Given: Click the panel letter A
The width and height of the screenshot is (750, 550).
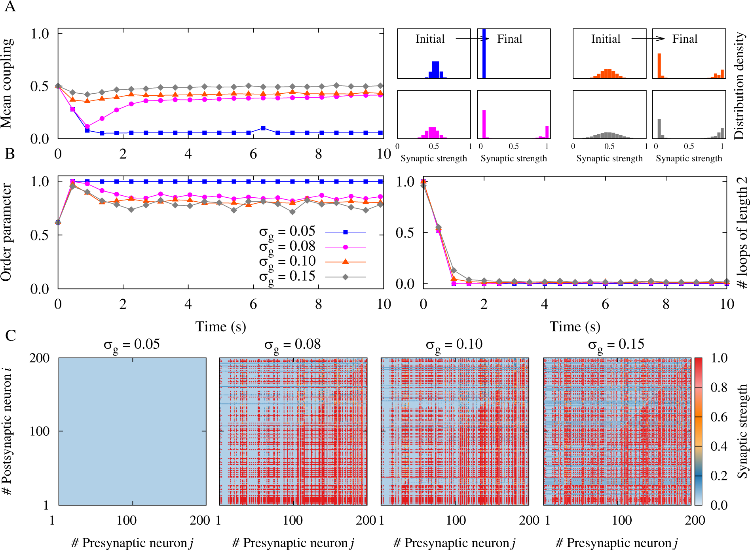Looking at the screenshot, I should coord(10,7).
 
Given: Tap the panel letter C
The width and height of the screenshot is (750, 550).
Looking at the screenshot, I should coord(11,336).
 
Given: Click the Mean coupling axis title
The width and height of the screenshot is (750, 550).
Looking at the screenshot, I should coord(7,83).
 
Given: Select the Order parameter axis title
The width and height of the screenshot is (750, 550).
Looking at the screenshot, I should coord(7,232).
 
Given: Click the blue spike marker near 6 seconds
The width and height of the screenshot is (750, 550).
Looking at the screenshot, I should coord(263,128).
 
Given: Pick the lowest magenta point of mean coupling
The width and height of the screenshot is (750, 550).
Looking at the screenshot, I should coord(87,127).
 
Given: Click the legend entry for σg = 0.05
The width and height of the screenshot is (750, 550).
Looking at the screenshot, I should coord(287,231).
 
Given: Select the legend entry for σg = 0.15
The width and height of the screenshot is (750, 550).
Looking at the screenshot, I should coord(287,276).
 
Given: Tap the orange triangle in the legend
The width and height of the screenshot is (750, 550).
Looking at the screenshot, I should coord(345,261).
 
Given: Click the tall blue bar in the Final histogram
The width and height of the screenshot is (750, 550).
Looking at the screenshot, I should coord(484,53).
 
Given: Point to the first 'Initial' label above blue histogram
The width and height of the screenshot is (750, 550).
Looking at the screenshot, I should coord(430,39).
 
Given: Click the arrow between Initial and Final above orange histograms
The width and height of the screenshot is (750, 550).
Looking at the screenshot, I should coord(648,39).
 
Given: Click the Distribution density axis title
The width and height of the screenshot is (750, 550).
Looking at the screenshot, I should coord(739,85).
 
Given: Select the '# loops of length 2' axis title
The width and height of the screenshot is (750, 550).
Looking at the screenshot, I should coord(741,232).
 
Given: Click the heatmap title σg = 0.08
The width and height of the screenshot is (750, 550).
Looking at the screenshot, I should coord(292,345).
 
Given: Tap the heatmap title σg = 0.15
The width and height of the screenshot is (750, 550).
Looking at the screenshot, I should coord(616,345).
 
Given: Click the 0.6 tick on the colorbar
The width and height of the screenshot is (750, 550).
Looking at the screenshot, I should coord(719,417).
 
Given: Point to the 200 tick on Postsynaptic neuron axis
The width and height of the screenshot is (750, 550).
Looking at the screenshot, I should coord(40,358).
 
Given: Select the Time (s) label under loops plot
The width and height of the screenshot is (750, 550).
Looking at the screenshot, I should coord(575,327).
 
